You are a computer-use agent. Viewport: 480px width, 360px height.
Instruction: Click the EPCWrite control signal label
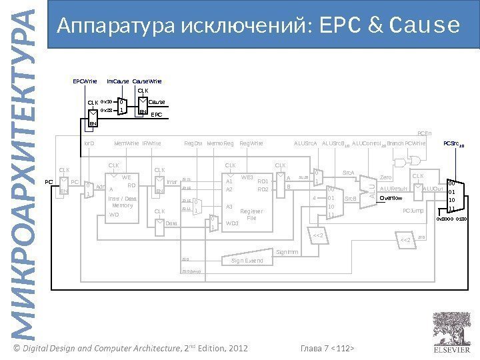(85, 81)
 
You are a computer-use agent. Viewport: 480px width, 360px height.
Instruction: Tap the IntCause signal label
(118, 81)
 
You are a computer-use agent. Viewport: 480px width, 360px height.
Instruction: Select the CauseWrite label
(147, 81)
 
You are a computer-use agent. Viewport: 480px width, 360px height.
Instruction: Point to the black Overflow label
(391, 198)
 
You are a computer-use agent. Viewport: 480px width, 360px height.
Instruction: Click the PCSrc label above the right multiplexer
(454, 143)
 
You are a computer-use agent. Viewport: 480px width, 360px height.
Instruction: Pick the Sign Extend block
(247, 260)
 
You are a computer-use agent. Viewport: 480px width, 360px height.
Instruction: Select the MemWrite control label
(127, 143)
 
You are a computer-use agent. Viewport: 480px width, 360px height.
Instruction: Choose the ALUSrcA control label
(305, 143)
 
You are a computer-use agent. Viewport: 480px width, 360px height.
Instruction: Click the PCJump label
(413, 211)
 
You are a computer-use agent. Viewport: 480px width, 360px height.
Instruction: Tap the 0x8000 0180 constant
(451, 219)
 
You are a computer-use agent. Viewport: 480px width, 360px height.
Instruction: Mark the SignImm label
(287, 252)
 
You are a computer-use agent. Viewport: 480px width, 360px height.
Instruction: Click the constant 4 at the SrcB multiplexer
(314, 198)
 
